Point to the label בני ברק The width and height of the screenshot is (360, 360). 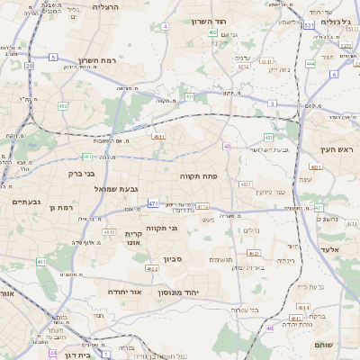pyautogui.click(x=81, y=173)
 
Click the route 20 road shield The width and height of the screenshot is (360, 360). pyautogui.click(x=29, y=66)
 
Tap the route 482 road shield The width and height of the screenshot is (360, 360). pyautogui.click(x=63, y=106)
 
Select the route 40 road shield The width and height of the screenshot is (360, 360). pyautogui.click(x=227, y=146)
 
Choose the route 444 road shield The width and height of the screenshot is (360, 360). pyautogui.click(x=310, y=64)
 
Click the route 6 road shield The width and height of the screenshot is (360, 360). pyautogui.click(x=333, y=74)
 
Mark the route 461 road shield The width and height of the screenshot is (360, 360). pyautogui.click(x=40, y=262)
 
